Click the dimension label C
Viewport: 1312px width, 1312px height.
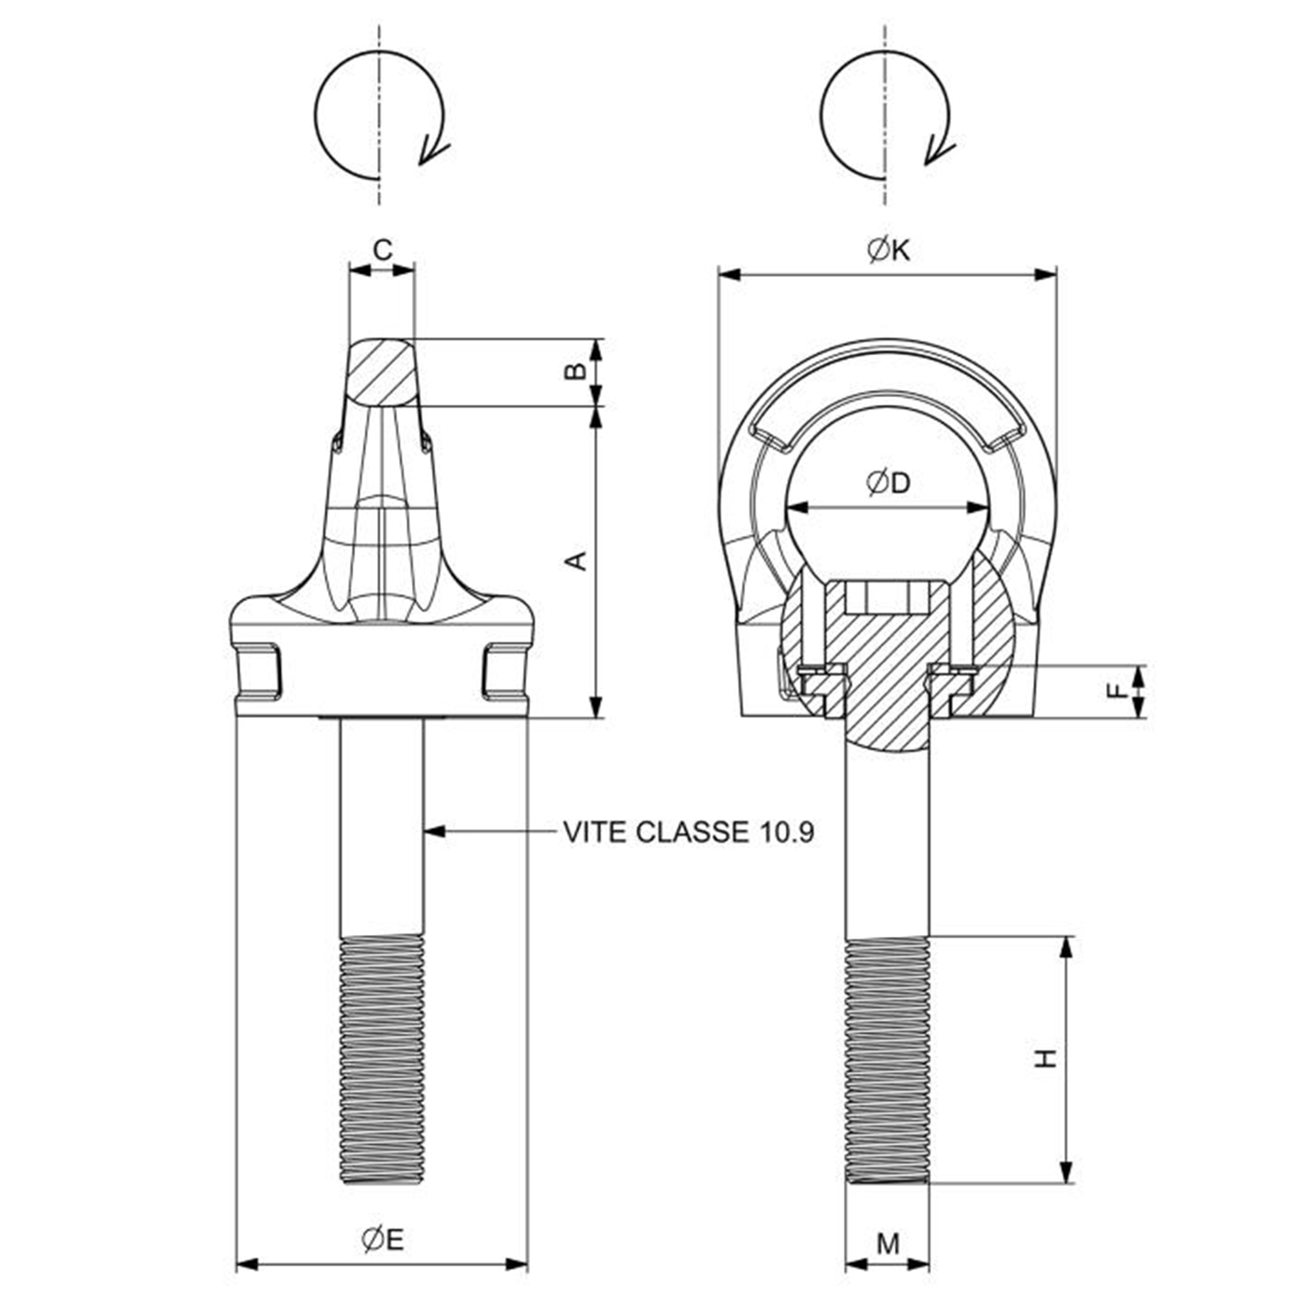click(x=382, y=250)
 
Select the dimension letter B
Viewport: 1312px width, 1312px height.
click(x=575, y=372)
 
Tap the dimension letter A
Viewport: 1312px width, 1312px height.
click(x=576, y=561)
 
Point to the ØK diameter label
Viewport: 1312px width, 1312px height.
click(x=889, y=250)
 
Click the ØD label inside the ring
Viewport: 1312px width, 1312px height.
click(x=888, y=482)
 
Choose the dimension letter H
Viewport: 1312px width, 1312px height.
click(x=1046, y=1058)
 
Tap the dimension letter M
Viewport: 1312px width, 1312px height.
click(x=888, y=1243)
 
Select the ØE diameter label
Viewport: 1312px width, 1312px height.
click(x=382, y=1239)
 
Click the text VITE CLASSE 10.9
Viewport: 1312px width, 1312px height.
click(x=688, y=832)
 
